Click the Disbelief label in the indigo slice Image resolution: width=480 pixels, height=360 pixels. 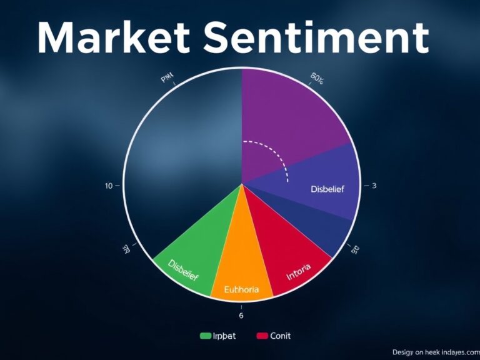coord(327,189)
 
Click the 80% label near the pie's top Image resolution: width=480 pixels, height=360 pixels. coord(317,79)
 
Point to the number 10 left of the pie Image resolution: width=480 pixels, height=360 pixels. coord(109,186)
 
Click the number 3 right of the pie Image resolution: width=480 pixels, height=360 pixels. coord(374,186)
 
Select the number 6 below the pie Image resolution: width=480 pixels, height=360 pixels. coord(241,307)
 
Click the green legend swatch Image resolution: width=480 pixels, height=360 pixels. coord(206,336)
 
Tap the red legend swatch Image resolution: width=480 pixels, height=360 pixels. coord(262,336)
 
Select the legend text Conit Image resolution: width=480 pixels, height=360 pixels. coord(280,336)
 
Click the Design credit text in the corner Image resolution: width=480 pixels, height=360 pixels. coord(435,352)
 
